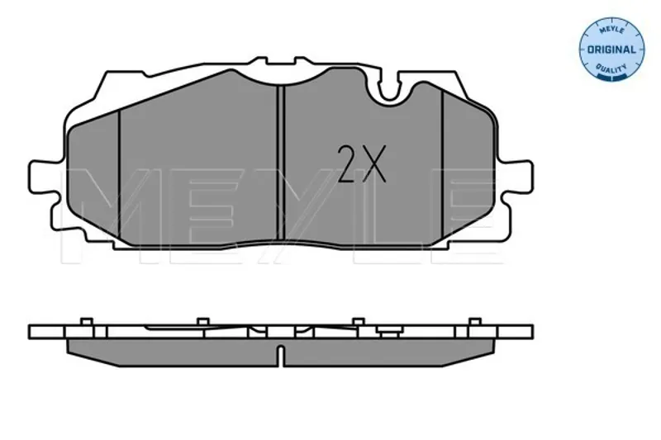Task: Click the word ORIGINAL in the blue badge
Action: point(611,50)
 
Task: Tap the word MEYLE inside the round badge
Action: point(611,30)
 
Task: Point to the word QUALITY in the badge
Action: point(611,68)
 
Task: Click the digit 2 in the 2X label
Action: point(348,163)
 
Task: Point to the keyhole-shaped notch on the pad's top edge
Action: point(389,88)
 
